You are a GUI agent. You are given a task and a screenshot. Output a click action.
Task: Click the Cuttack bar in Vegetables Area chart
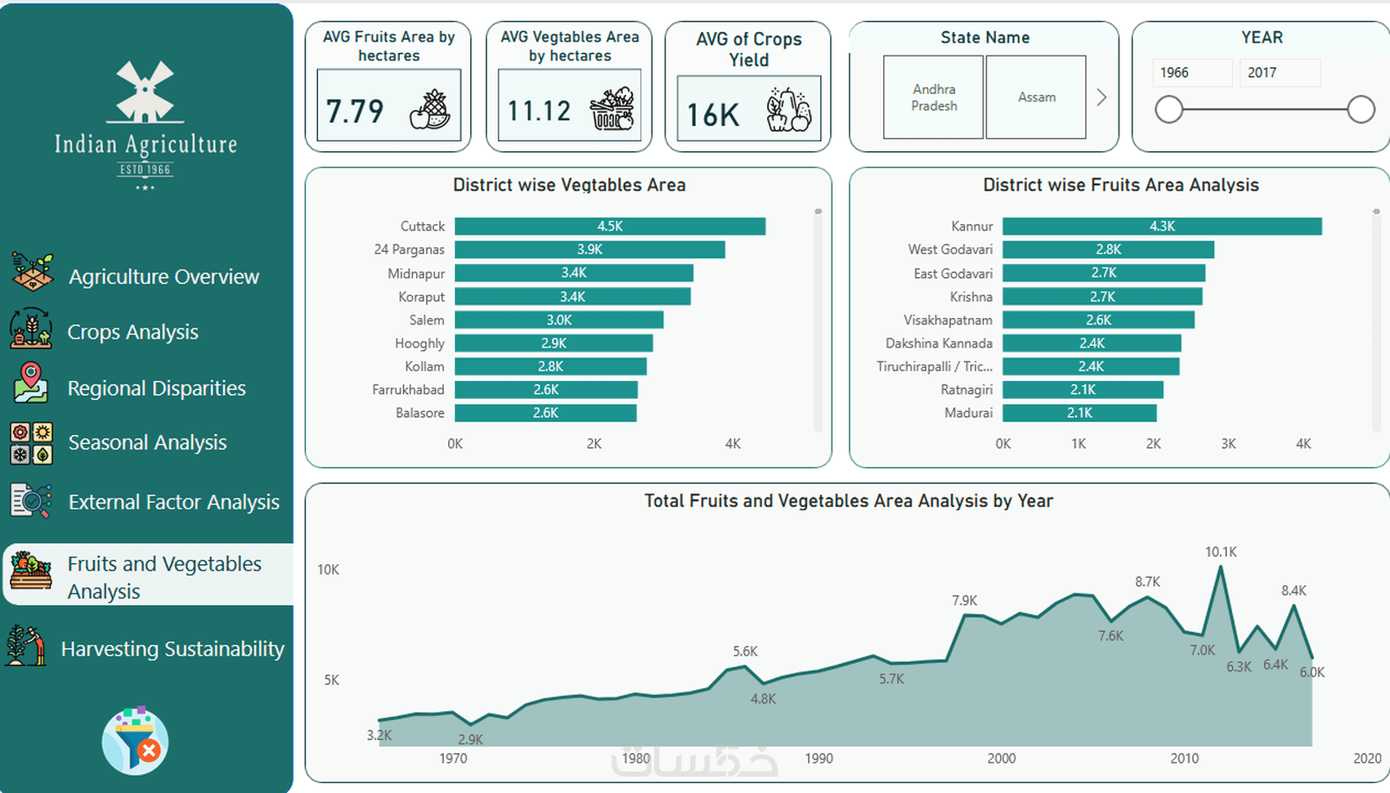point(610,226)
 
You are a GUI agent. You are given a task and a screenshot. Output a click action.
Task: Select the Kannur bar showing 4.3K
point(1162,226)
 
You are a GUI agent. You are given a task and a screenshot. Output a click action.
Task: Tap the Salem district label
point(427,320)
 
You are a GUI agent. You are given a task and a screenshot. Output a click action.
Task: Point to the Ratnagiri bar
point(1083,390)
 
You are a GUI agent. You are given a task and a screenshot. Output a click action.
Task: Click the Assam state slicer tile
point(1036,97)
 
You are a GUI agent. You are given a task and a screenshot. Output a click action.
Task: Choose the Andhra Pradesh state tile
point(934,97)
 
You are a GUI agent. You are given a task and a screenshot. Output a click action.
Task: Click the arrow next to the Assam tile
point(1101,97)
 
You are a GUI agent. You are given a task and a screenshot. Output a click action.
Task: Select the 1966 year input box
point(1191,73)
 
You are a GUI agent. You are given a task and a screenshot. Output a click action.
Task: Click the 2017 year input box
point(1279,73)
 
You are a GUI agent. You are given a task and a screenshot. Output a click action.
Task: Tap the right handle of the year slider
point(1361,110)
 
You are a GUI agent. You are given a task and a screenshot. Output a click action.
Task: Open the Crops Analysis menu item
point(132,332)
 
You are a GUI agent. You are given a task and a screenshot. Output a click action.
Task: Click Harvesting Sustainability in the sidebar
point(173,648)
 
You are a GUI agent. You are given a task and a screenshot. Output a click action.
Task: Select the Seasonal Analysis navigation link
point(147,442)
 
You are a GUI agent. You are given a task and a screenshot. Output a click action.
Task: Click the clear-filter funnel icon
point(136,741)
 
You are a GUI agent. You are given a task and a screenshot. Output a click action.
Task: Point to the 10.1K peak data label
point(1221,552)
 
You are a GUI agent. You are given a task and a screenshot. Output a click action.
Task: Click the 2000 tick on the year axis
point(1002,759)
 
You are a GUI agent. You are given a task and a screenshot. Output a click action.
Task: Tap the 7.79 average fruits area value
point(355,110)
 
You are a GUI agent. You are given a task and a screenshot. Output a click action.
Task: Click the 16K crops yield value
point(713,115)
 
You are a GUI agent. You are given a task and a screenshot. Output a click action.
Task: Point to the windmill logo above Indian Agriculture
point(146,89)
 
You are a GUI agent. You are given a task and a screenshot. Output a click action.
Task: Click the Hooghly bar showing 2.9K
point(554,343)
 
